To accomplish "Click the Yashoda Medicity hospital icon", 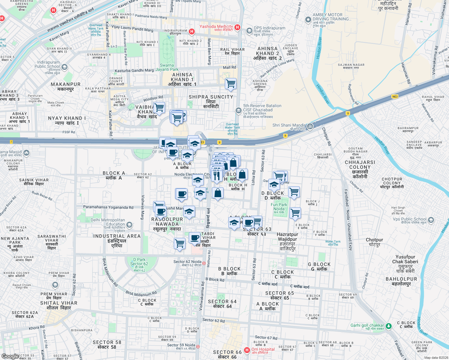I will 237,28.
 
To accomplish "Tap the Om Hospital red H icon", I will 247,350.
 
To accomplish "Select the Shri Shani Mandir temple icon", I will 310,126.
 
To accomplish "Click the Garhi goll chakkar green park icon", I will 389,326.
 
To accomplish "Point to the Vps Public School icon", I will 431,220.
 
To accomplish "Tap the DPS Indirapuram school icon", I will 249,31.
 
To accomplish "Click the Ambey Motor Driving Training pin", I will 308,20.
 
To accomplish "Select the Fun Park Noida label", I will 279,207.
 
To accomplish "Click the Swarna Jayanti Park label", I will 167,67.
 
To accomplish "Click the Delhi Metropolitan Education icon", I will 129,224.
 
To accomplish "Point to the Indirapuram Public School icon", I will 65,67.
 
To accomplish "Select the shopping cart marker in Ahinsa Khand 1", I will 231,84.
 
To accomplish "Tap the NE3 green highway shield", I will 395,96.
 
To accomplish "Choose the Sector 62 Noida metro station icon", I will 204,263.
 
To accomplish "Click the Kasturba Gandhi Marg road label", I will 134,71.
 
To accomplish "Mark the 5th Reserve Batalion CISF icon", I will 238,110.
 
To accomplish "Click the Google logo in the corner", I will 10,356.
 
